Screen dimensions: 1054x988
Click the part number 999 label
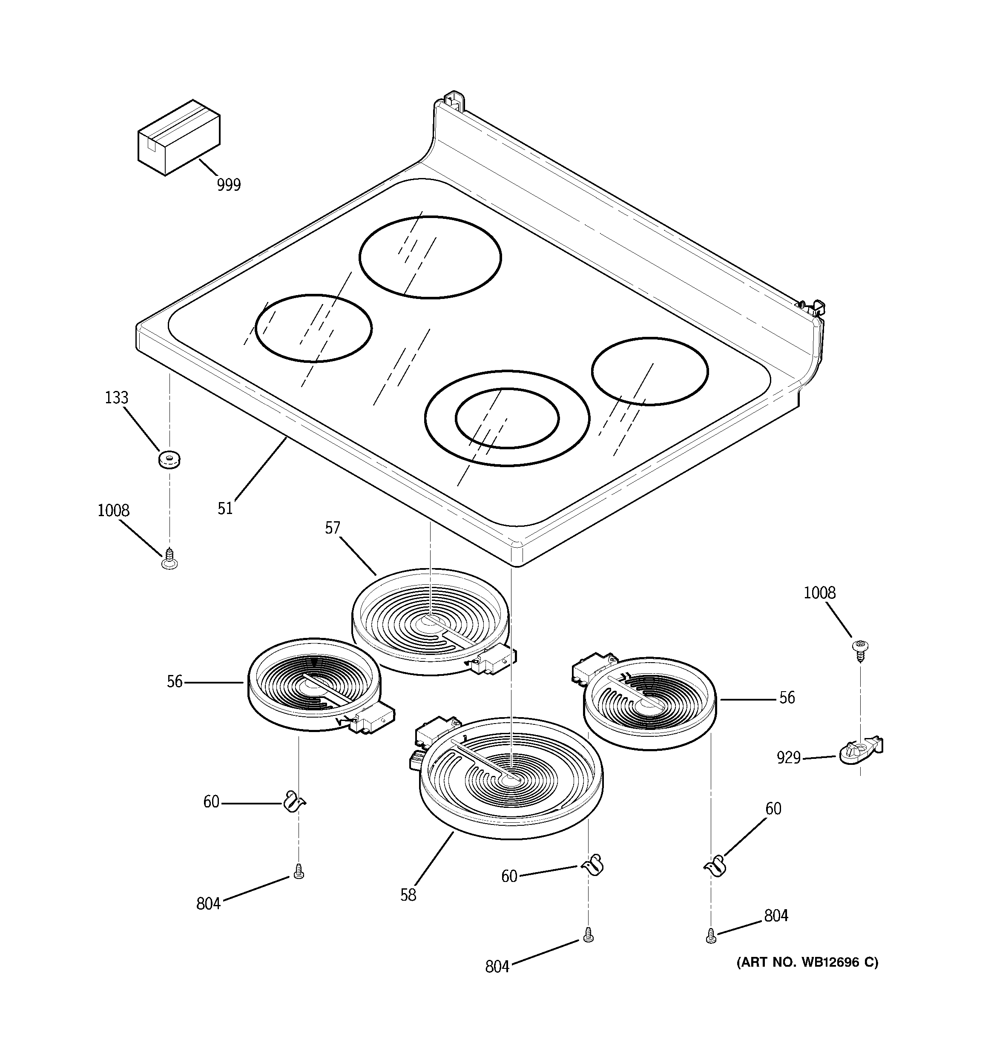tap(229, 185)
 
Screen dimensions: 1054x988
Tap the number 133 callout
tap(116, 398)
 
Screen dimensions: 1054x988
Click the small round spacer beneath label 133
tap(169, 459)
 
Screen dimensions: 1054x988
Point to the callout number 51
tap(225, 508)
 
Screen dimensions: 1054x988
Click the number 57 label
tap(333, 528)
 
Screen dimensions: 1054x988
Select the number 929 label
tap(789, 758)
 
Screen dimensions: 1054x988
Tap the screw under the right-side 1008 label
tap(856, 649)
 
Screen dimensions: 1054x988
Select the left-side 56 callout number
tap(175, 682)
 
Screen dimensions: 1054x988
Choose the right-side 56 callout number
tap(787, 698)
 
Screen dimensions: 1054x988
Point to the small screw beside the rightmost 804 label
tap(711, 937)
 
